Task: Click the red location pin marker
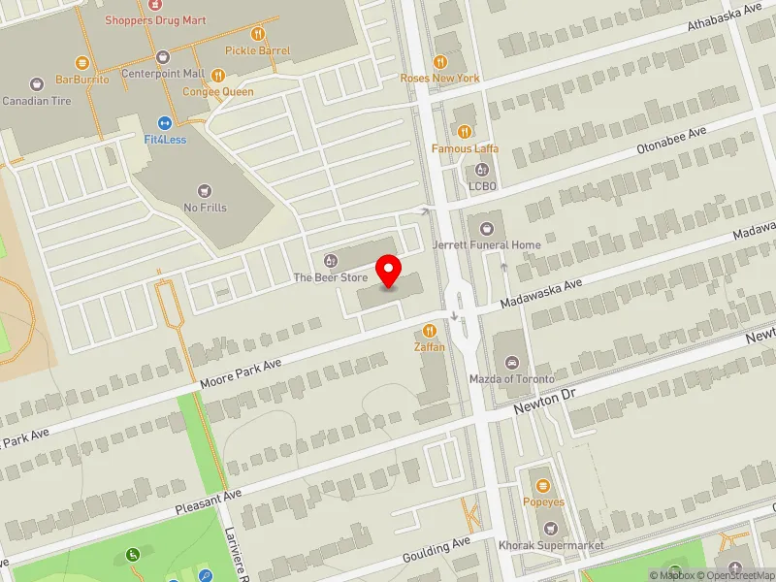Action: click(x=389, y=271)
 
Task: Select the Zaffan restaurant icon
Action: click(x=430, y=331)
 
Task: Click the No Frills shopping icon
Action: click(x=204, y=190)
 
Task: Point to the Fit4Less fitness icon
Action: click(x=166, y=122)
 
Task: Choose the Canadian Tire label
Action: click(x=37, y=101)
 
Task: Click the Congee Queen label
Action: click(x=218, y=92)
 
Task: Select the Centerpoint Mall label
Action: click(x=162, y=73)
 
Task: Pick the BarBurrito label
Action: click(x=82, y=80)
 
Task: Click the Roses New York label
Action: click(x=440, y=78)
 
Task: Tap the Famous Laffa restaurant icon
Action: click(x=466, y=132)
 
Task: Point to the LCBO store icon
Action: click(x=482, y=171)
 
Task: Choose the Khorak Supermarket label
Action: click(x=551, y=545)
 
